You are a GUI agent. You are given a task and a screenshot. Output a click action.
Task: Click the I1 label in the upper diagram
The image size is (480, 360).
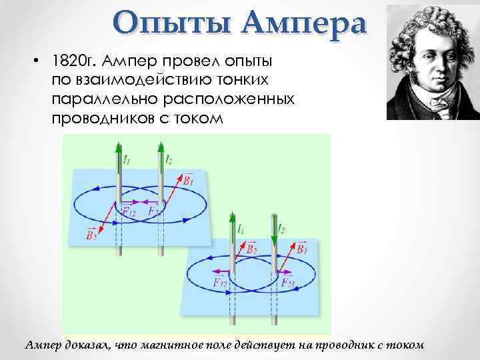127,159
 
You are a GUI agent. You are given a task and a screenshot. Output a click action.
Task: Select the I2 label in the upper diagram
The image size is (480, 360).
169,159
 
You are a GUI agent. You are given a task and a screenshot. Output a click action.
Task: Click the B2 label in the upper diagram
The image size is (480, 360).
91,233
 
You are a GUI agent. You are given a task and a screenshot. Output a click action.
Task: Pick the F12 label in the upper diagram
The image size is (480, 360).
129,212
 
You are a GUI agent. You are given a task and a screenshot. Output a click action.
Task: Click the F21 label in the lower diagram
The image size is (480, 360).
288,283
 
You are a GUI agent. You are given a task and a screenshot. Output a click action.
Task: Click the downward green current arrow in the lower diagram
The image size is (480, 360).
273,230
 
